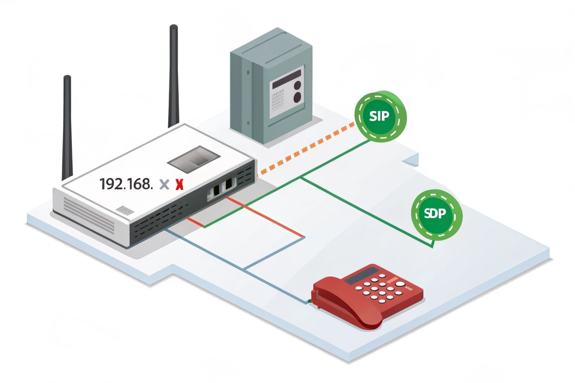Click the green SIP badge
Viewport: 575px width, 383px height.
coord(380,116)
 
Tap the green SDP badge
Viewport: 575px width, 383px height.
coord(436,214)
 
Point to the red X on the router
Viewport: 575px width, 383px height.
coord(179,184)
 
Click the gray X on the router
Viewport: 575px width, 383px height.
coord(164,184)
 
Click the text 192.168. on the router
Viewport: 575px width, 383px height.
coord(126,184)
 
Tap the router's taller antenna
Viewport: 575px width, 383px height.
coord(174,76)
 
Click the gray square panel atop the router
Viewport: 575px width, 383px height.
coord(194,158)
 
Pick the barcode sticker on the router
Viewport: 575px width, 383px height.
coord(125,210)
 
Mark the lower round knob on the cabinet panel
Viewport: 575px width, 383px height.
coord(298,97)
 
